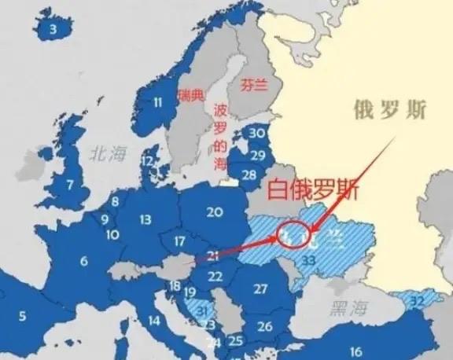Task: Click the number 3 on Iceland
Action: (x=53, y=30)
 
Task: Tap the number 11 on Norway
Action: (x=157, y=101)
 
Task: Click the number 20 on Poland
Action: (x=214, y=211)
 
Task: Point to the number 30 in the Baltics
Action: (x=257, y=134)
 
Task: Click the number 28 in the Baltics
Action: (x=249, y=174)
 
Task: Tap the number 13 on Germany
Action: (x=145, y=220)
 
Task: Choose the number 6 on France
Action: (x=83, y=260)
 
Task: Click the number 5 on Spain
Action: (x=23, y=316)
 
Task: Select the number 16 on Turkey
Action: (x=356, y=351)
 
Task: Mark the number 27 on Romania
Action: (x=260, y=288)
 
